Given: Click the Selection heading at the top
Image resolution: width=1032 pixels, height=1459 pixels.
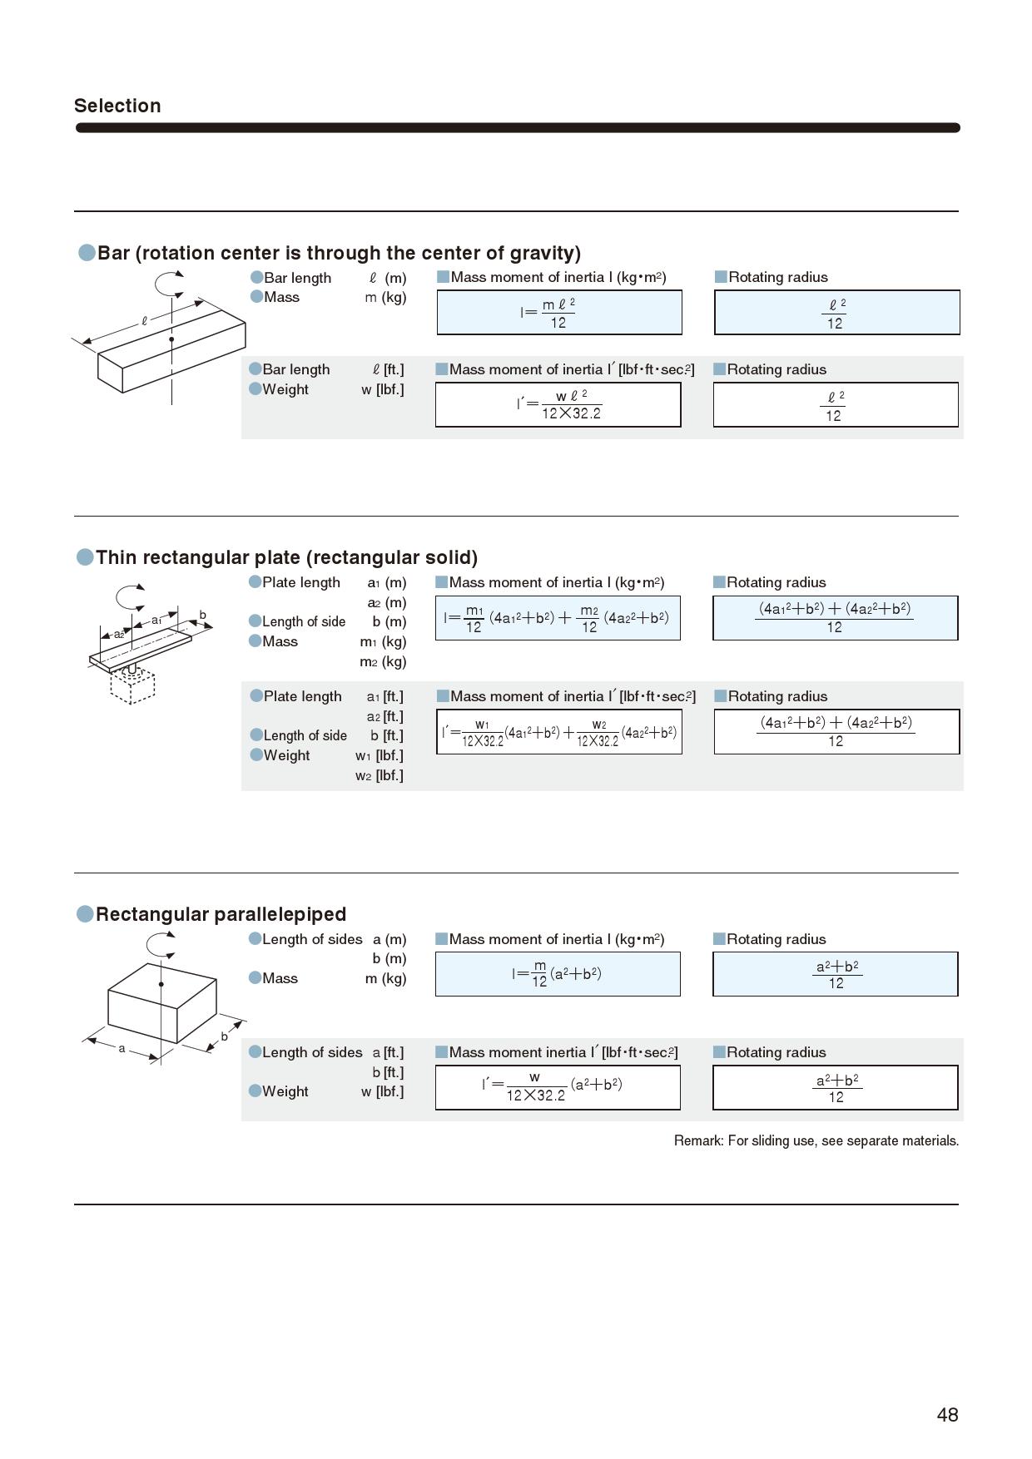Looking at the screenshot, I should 117,106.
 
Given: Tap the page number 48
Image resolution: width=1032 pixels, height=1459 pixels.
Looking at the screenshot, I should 947,1415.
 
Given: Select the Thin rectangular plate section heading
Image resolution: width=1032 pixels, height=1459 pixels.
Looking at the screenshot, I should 286,557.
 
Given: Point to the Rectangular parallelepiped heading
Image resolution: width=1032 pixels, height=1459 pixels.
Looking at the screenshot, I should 221,914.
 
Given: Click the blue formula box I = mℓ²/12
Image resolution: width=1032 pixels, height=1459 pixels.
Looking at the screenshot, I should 559,313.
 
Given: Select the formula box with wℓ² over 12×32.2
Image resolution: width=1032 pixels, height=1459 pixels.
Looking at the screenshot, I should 558,405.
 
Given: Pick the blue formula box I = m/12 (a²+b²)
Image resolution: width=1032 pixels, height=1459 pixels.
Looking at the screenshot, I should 558,974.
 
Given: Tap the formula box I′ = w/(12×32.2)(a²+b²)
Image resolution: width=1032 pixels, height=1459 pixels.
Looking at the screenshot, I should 558,1087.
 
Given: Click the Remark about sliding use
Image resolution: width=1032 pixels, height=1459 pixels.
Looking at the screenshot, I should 816,1140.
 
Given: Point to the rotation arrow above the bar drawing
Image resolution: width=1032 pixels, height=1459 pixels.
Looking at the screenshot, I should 171,284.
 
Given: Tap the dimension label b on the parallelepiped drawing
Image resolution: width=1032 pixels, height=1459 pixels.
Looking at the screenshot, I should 224,1036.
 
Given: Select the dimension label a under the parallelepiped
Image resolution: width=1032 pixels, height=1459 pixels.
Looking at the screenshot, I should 122,1048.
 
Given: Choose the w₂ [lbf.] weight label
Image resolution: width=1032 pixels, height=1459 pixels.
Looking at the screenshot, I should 380,776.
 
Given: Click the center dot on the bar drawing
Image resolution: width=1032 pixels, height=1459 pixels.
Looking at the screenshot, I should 171,339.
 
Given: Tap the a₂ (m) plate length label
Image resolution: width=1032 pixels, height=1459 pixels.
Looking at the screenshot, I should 387,602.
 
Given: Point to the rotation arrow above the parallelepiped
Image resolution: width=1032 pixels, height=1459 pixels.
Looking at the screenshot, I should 161,945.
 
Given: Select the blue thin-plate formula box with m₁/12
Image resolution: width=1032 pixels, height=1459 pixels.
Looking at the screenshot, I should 558,618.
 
